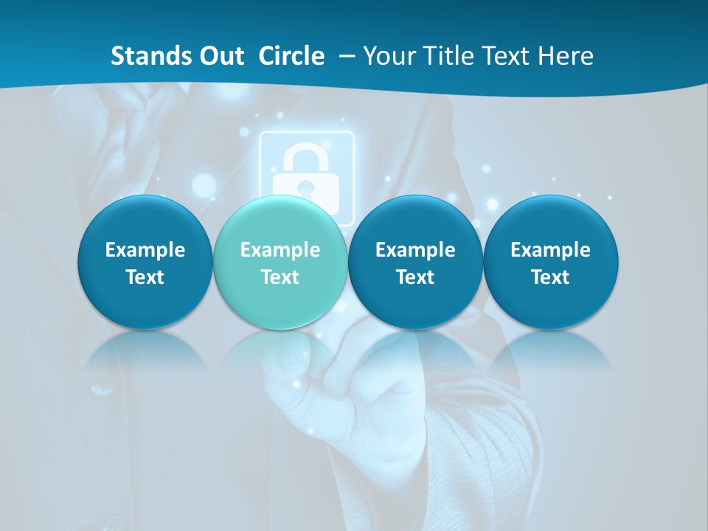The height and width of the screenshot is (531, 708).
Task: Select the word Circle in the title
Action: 291,56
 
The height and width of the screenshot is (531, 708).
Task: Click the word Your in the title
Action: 388,56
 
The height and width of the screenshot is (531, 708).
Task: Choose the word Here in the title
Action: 566,56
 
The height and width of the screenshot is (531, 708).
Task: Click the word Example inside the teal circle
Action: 280,250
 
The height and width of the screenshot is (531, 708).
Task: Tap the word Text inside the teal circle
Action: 280,277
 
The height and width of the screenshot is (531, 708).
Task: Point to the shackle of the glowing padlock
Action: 306,159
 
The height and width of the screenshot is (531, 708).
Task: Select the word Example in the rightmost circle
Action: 550,250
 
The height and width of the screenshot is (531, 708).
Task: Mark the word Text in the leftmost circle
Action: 145,277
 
